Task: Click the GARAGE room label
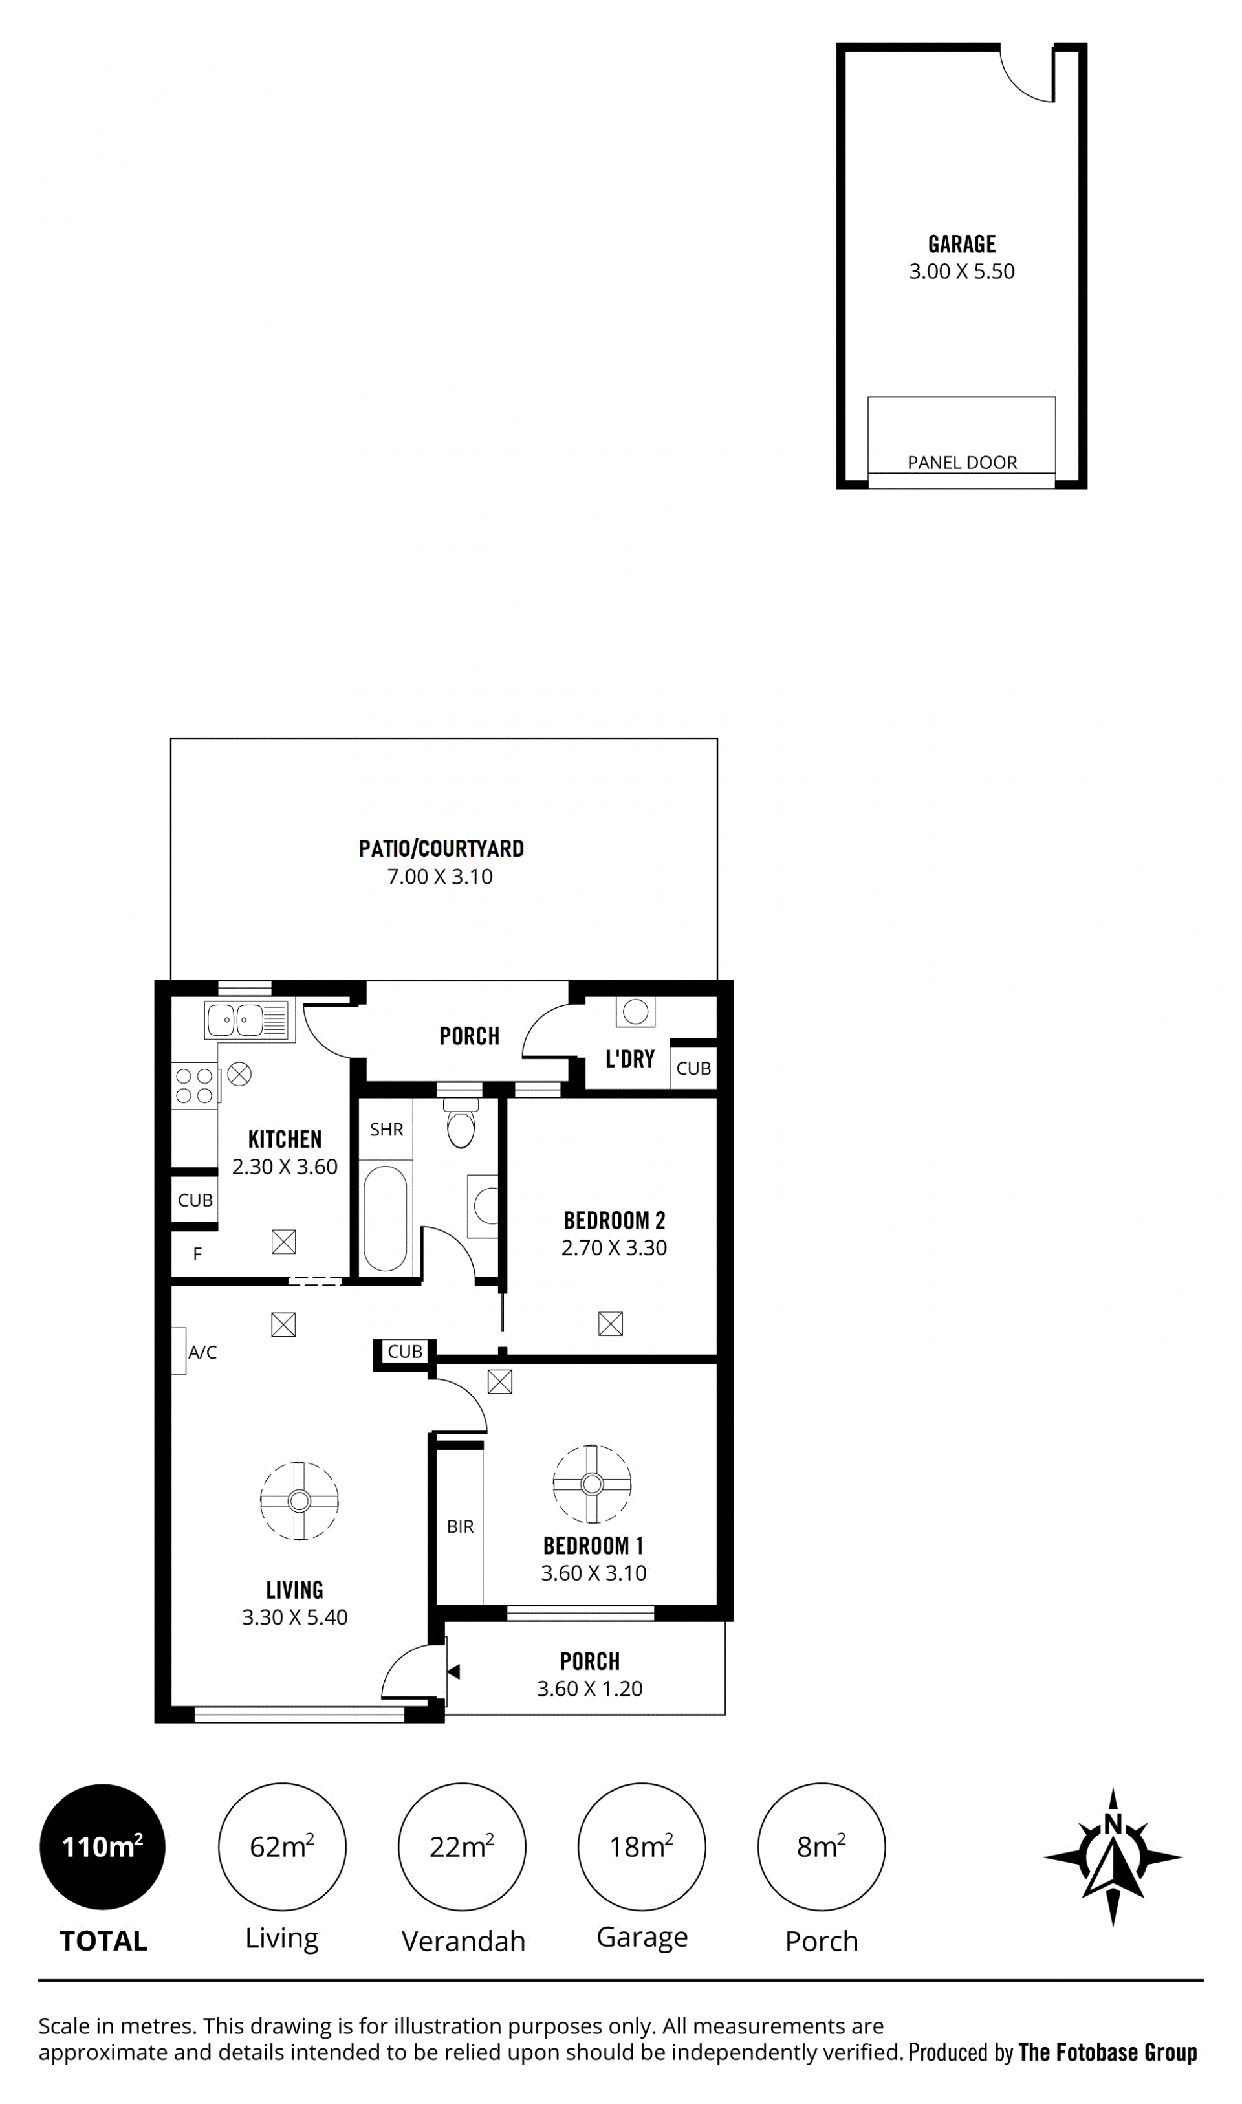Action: tap(962, 245)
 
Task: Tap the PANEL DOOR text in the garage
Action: tap(963, 462)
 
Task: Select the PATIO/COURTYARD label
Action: tap(441, 849)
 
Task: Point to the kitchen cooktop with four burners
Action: tap(195, 1086)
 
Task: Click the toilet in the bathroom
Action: tap(461, 1124)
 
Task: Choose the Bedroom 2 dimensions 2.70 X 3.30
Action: tap(615, 1248)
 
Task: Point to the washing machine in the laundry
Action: tap(635, 1011)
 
